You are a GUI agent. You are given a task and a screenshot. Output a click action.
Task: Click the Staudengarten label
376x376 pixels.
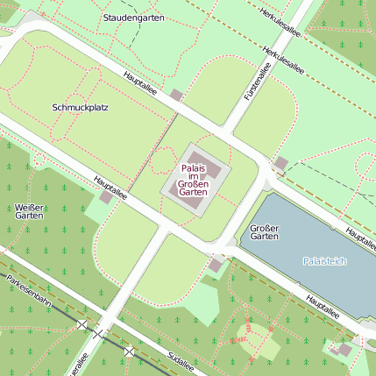pos(133,18)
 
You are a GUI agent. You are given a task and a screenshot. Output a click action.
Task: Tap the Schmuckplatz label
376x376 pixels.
pos(80,108)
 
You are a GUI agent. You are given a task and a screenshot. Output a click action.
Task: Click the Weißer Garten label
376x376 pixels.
pos(29,211)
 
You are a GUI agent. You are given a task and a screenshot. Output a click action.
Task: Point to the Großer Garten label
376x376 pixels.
pos(264,231)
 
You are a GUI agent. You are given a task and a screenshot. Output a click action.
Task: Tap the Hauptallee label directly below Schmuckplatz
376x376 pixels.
pos(110,188)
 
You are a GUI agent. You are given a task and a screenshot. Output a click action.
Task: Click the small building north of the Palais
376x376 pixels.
pos(176,96)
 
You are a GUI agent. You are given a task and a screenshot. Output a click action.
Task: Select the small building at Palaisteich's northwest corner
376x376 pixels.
pos(280,163)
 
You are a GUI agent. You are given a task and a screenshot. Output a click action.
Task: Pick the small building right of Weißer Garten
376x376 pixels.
pos(106,198)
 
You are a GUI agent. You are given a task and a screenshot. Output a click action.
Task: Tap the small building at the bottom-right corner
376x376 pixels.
pos(344,350)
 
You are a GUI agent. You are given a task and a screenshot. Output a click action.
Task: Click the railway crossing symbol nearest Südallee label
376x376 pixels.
pos(130,351)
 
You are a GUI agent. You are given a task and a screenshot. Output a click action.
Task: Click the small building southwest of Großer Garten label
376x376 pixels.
pos(216,265)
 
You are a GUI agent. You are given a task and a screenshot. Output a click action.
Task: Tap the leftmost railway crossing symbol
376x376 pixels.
pos(82,324)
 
